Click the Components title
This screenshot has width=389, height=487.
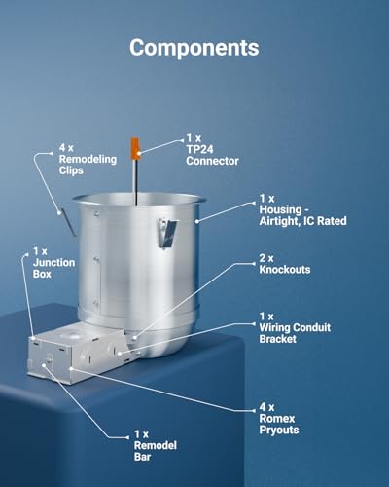[x=194, y=48]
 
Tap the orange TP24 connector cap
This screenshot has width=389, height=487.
[x=135, y=148]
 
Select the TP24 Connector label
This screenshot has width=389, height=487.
[x=212, y=150]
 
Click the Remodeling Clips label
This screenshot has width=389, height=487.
[x=88, y=159]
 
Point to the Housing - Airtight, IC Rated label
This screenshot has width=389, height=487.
[x=302, y=209]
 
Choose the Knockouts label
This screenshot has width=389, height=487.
[x=285, y=264]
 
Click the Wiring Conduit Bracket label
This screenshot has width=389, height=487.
[x=295, y=327]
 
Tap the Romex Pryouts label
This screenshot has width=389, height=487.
[x=279, y=419]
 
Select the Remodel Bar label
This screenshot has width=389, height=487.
[x=156, y=445]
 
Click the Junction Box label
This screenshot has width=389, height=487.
[x=53, y=263]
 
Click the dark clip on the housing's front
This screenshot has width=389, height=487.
[x=167, y=233]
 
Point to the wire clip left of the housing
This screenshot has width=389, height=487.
[x=67, y=223]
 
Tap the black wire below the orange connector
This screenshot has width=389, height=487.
[x=136, y=182]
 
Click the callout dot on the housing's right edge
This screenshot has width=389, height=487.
[x=196, y=221]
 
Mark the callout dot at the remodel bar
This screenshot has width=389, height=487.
[x=44, y=365]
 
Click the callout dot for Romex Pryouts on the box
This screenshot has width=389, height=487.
[x=71, y=368]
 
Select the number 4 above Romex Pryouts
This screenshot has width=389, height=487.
[x=263, y=407]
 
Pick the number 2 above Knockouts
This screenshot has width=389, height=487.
[x=263, y=258]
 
